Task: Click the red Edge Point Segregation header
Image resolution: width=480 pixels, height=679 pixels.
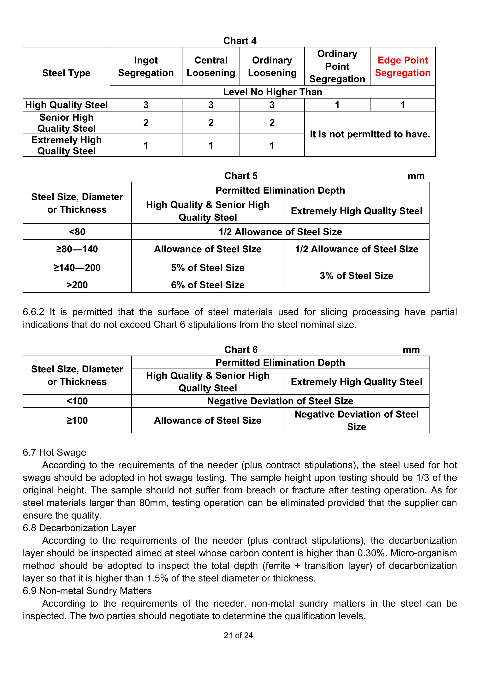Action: (x=403, y=67)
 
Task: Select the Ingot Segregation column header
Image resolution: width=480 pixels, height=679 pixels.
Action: (x=146, y=67)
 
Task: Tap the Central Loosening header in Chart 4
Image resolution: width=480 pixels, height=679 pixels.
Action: (x=211, y=67)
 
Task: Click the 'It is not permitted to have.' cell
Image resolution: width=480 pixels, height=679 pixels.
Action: (x=370, y=134)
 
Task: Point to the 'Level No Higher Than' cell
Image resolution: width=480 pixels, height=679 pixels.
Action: (x=273, y=92)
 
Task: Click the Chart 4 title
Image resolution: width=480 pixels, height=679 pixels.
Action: (x=240, y=41)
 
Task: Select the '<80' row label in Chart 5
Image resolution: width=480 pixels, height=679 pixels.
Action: (x=77, y=232)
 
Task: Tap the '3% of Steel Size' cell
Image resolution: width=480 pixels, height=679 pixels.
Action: (x=356, y=276)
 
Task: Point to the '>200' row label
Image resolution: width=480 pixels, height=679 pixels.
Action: (x=77, y=285)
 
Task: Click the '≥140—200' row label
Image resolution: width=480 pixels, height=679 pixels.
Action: (x=77, y=268)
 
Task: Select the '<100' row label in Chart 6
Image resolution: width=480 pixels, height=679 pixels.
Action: (x=77, y=401)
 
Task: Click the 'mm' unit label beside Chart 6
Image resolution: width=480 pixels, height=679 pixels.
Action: (x=411, y=350)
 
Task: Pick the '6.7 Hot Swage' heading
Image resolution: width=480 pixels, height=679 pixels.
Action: (x=54, y=453)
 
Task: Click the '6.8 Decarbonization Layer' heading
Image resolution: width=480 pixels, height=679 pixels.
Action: (x=79, y=528)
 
